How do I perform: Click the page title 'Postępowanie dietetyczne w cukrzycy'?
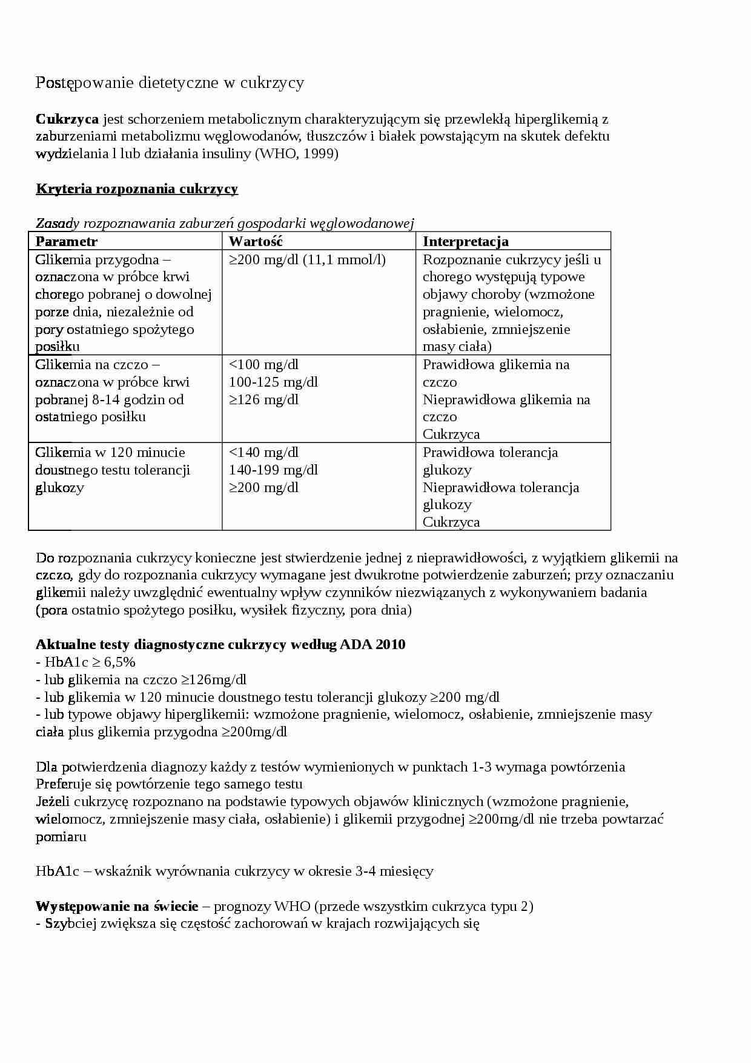(170, 82)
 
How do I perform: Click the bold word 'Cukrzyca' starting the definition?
(67, 119)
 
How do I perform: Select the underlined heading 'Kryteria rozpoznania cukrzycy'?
(137, 188)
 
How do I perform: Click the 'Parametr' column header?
(67, 241)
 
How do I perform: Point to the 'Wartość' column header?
(256, 241)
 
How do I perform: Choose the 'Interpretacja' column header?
(465, 241)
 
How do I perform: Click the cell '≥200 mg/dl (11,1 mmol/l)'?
(307, 259)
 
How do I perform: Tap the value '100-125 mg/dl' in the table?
(273, 382)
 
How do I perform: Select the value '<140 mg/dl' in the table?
(263, 452)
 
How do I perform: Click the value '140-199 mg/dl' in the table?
(273, 470)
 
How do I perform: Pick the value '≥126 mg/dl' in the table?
(263, 399)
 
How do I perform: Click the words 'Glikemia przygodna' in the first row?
(97, 259)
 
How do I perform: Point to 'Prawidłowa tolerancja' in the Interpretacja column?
(490, 452)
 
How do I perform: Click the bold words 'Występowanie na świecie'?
(117, 906)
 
